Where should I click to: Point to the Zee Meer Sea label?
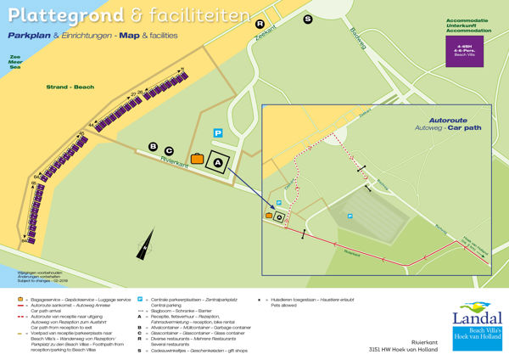pyautogui.click(x=14, y=64)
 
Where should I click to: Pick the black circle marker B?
pyautogui.click(x=154, y=146)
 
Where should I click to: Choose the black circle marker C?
pyautogui.click(x=169, y=150)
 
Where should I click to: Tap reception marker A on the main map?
pyautogui.click(x=217, y=161)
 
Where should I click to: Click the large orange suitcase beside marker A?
pyautogui.click(x=197, y=158)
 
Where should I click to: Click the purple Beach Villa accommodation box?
pyautogui.click(x=463, y=49)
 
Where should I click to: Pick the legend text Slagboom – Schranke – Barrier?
pyautogui.click(x=187, y=312)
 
